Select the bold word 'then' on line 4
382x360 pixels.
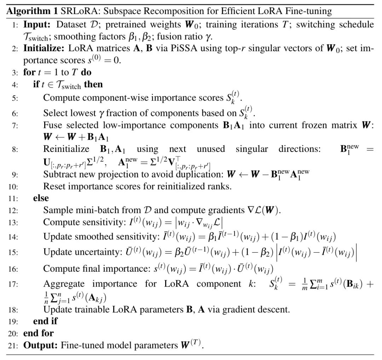pos(93,84)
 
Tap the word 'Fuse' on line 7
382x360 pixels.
pos(52,126)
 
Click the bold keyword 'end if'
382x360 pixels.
pos(45,321)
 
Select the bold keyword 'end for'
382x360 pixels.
pos(39,333)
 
